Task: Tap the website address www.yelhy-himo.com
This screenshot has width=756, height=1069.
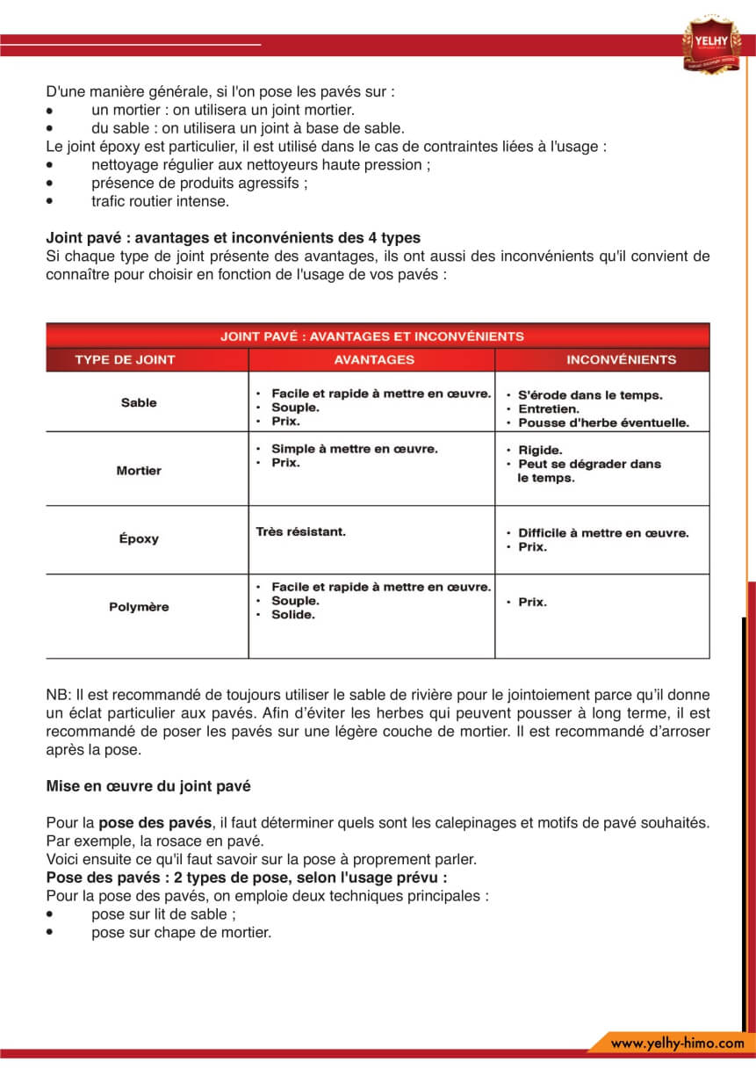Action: click(x=677, y=1043)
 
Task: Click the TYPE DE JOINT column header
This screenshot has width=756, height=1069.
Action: click(x=125, y=359)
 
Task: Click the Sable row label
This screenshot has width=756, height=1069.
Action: click(x=139, y=402)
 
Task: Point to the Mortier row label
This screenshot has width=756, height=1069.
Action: click(x=139, y=470)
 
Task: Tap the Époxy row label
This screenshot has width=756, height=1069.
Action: click(x=139, y=538)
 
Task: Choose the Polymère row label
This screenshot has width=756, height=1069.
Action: click(x=139, y=607)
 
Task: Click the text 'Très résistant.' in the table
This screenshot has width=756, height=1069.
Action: click(x=300, y=531)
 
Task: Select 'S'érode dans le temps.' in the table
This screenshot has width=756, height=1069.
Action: click(x=590, y=395)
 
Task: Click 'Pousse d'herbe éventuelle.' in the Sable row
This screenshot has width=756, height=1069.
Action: click(x=603, y=423)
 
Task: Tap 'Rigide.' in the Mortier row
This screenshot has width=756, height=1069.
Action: click(x=540, y=450)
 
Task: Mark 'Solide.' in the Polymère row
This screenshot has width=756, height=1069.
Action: click(x=293, y=615)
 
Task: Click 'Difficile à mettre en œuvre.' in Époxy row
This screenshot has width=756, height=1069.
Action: click(x=603, y=533)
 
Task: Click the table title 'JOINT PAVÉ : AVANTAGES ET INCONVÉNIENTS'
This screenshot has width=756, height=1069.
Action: click(x=372, y=336)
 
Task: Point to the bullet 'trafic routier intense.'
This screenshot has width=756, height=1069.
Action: click(x=160, y=201)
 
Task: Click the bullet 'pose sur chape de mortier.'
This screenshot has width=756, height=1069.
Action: click(x=181, y=932)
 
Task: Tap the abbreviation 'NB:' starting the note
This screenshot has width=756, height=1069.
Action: click(x=58, y=695)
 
